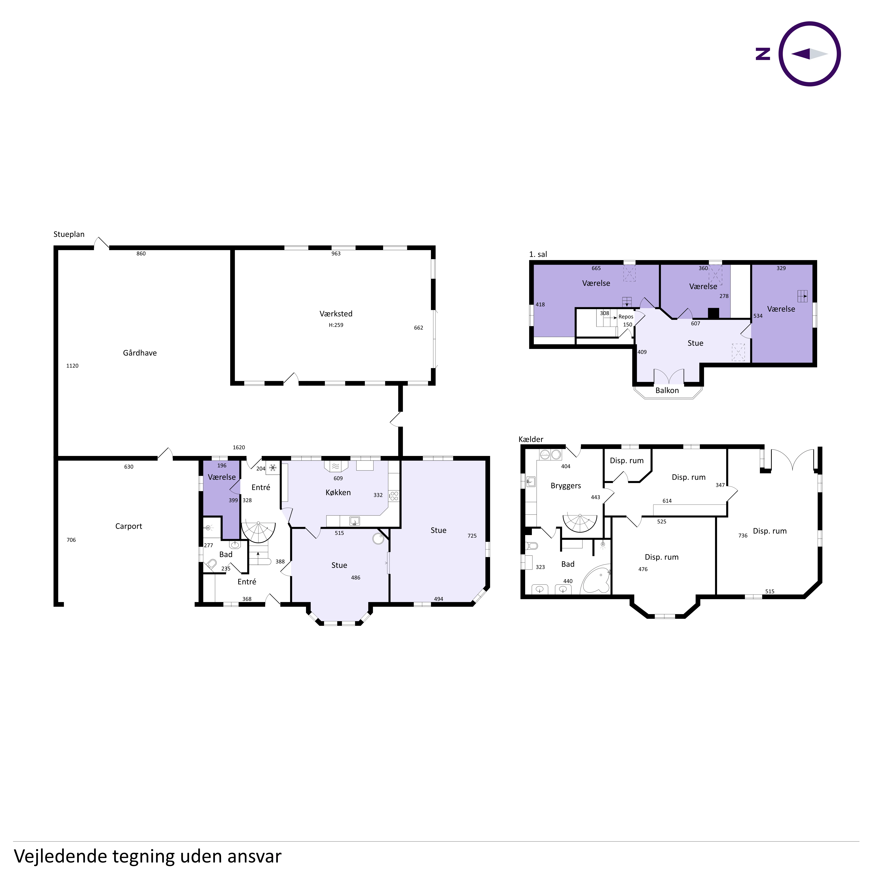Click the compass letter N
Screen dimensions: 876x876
click(763, 54)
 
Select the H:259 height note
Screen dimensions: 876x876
click(336, 325)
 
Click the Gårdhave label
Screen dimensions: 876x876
click(140, 353)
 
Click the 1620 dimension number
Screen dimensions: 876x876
click(239, 447)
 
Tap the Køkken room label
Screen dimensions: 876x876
click(338, 492)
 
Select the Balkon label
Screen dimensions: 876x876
click(667, 390)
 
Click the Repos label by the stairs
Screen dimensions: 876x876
click(626, 317)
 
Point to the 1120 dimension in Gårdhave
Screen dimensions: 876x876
click(73, 366)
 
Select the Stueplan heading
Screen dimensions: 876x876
click(69, 234)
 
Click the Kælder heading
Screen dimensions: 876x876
click(531, 439)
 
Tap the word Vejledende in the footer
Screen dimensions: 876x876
click(61, 856)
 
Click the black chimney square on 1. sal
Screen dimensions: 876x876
click(714, 313)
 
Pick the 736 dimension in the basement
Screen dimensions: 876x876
click(743, 536)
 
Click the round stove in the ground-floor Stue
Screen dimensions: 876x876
click(378, 539)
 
